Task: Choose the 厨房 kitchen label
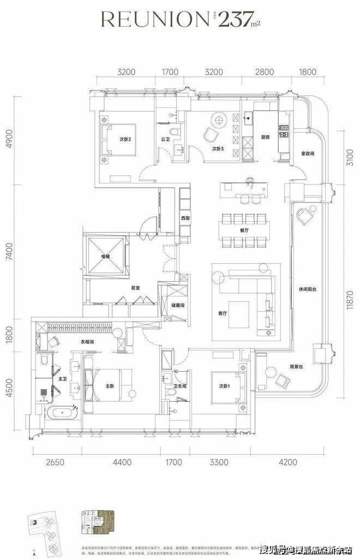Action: tap(265, 138)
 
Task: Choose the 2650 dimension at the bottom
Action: tap(55, 462)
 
